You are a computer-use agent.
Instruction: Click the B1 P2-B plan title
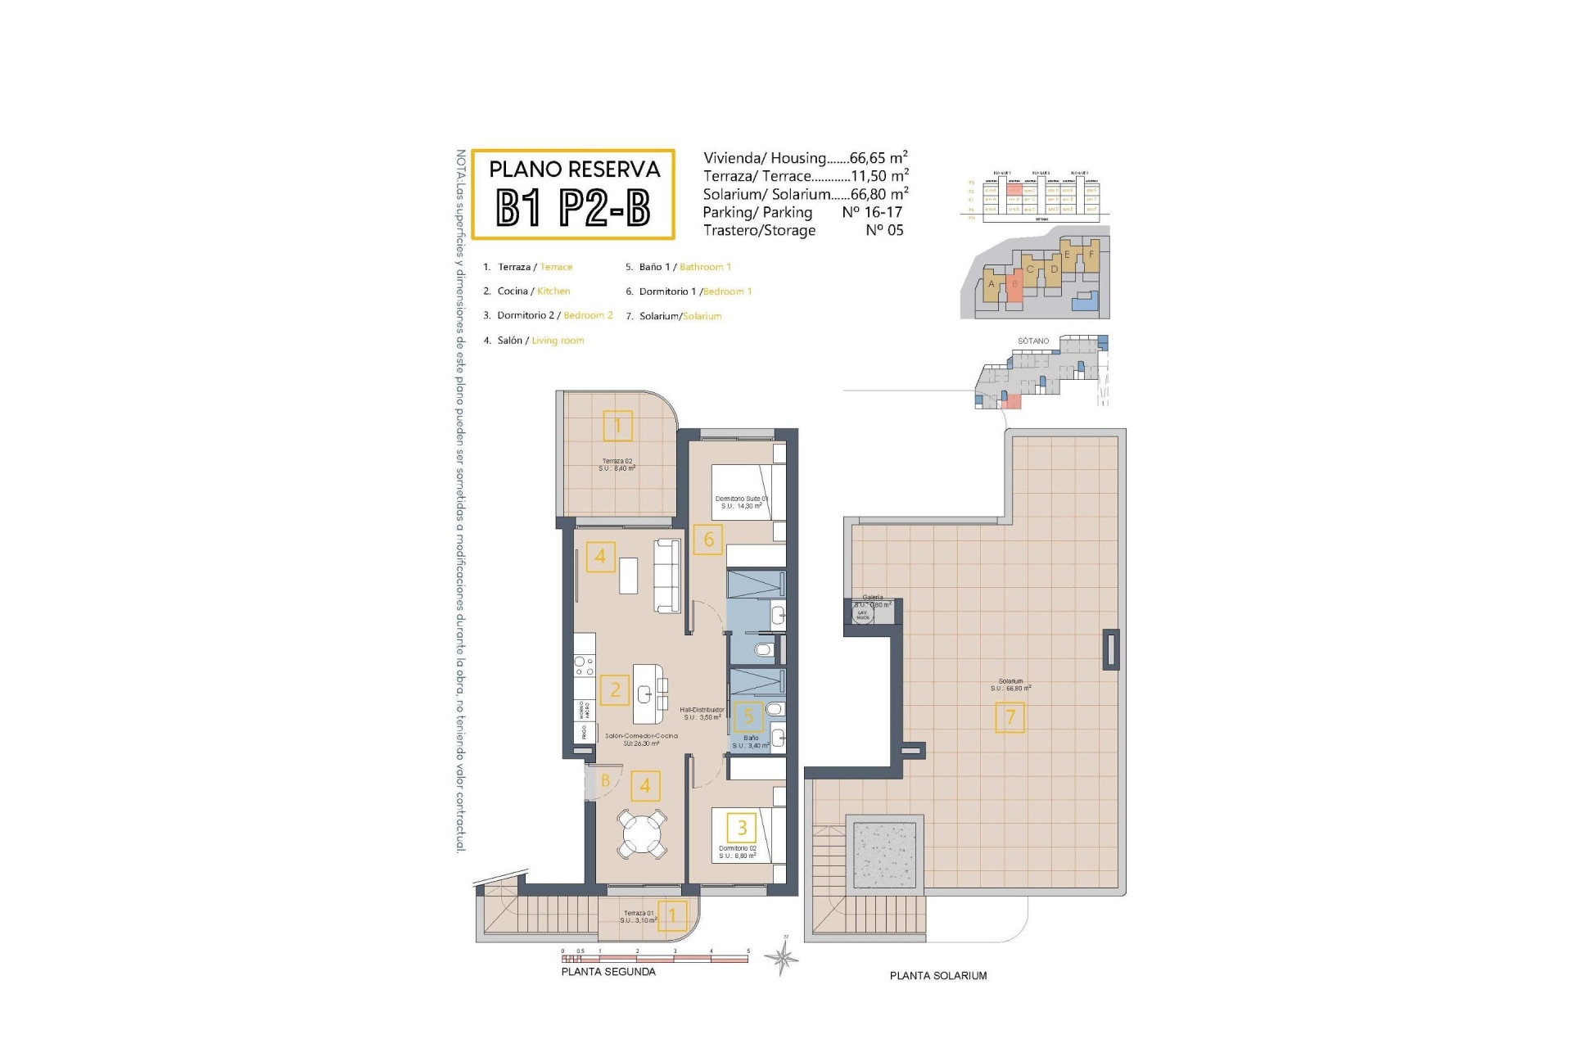(x=573, y=208)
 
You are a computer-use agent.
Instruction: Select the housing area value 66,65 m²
(x=879, y=158)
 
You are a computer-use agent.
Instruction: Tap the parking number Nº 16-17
(x=872, y=212)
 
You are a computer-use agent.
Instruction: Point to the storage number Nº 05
(x=884, y=231)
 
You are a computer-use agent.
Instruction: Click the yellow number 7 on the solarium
(x=1010, y=718)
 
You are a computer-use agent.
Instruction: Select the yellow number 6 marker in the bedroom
(x=708, y=540)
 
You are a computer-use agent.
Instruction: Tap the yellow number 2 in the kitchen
(x=615, y=690)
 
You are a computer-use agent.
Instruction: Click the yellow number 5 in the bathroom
(x=748, y=717)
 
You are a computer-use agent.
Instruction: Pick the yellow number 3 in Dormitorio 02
(x=742, y=828)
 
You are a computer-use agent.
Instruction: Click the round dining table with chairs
(x=643, y=833)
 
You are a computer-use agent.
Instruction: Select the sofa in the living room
(x=668, y=575)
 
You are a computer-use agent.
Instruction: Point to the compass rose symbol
(x=784, y=956)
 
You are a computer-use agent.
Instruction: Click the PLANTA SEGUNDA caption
(x=608, y=972)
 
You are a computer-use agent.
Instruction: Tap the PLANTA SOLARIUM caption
(x=938, y=976)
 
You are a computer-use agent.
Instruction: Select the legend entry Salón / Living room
(x=540, y=341)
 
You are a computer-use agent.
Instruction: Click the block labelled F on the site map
(x=1091, y=255)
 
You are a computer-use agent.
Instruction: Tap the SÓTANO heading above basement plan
(x=1033, y=341)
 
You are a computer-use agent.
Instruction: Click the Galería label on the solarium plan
(x=873, y=598)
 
